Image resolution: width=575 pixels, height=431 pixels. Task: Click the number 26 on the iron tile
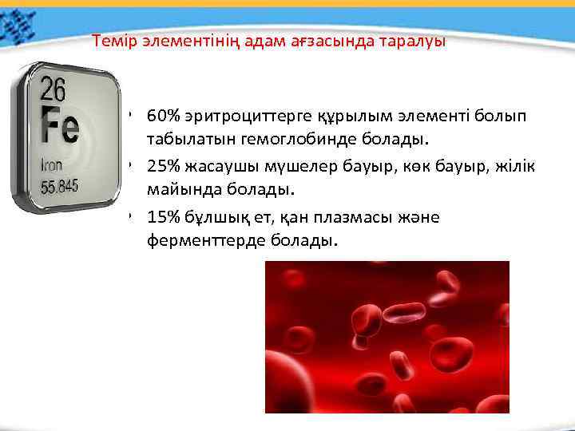pyautogui.click(x=54, y=88)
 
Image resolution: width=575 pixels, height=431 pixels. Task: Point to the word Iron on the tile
pyautogui.click(x=51, y=166)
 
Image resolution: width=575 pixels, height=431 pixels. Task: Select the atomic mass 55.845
pyautogui.click(x=60, y=187)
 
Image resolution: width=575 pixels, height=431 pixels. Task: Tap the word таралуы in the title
pyautogui.click(x=416, y=41)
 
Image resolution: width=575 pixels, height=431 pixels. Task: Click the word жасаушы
pyautogui.click(x=220, y=167)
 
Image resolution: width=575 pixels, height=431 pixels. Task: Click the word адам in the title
pyautogui.click(x=249, y=41)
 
